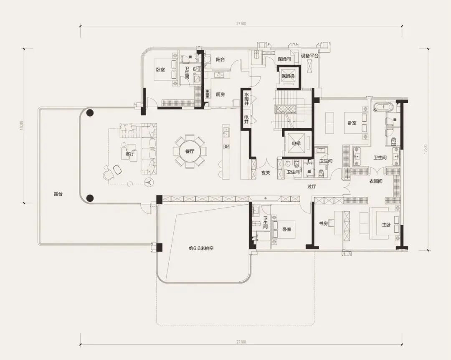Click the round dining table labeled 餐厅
[x=190, y=151]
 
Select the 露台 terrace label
[x=58, y=194]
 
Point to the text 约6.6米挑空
[x=202, y=248]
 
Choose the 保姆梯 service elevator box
[x=288, y=76]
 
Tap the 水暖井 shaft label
[x=246, y=98]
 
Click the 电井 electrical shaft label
[x=246, y=119]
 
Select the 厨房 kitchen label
[x=220, y=94]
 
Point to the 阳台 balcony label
[x=220, y=60]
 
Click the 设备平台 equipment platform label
[x=309, y=56]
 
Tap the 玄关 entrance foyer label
[x=266, y=173]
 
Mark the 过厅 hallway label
[x=312, y=187]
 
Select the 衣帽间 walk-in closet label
[x=376, y=181]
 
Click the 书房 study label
[x=323, y=223]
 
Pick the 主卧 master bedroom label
[x=386, y=224]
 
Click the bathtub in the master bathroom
[x=383, y=108]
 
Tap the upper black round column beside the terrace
[x=90, y=112]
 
